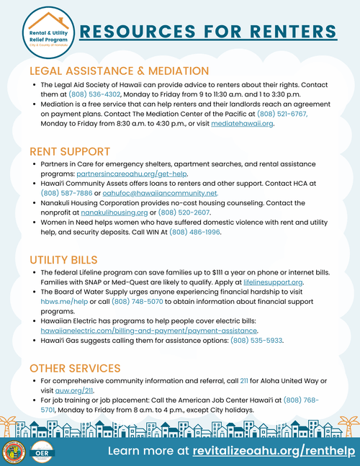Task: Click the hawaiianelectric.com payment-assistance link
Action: coord(149,331)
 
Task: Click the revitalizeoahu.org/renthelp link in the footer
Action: coord(270,450)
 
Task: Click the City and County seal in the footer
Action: coord(15,452)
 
